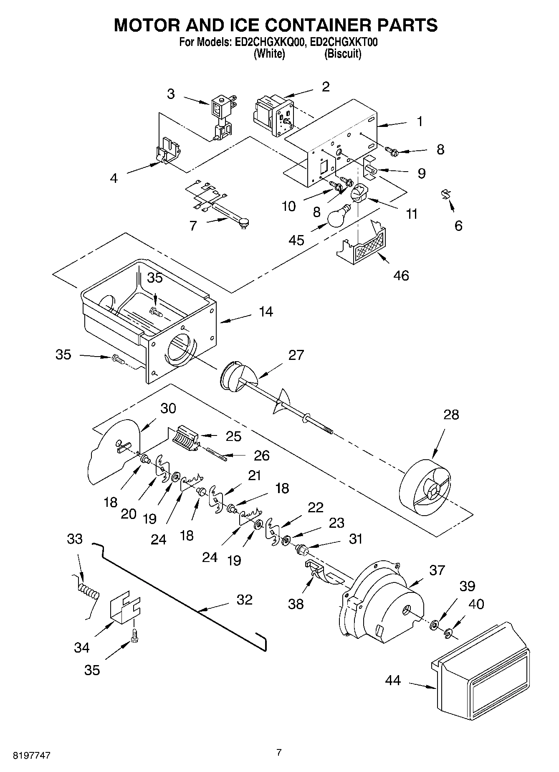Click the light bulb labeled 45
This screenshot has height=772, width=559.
point(339,217)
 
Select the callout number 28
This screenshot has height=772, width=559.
point(451,415)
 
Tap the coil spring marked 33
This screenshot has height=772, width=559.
point(89,591)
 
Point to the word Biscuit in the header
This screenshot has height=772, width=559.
point(342,54)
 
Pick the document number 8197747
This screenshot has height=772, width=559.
point(26,755)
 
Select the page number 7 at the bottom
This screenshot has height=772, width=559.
point(279,752)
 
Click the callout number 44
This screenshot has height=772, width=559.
point(393,680)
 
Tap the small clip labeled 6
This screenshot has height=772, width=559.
point(446,194)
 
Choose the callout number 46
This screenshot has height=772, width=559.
point(401,276)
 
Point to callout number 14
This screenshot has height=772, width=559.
point(266,311)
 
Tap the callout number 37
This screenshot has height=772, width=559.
point(437,570)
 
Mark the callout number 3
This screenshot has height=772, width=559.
point(170,94)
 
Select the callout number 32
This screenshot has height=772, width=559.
point(244,600)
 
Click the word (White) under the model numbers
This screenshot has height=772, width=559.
point(269,54)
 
